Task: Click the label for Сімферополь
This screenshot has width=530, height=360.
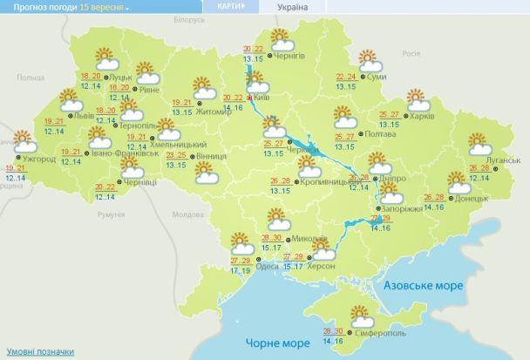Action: tap(379, 333)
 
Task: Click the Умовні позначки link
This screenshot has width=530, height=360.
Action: tap(31, 350)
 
